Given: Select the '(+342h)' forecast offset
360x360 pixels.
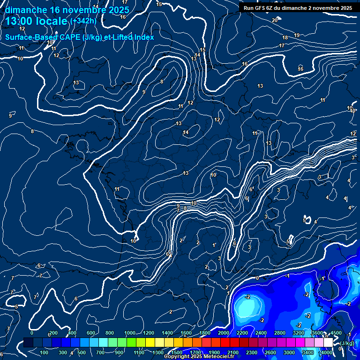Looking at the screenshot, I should pyautogui.click(x=83, y=21).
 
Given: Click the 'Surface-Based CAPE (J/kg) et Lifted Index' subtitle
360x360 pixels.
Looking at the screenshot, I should pyautogui.click(x=80, y=37).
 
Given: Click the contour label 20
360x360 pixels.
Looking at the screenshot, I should pyautogui.click(x=275, y=20).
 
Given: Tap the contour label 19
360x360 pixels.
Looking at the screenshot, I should pyautogui.click(x=297, y=35).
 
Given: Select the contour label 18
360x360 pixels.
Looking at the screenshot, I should pyautogui.click(x=285, y=37).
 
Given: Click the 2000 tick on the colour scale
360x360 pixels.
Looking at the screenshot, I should pyautogui.click(x=224, y=333).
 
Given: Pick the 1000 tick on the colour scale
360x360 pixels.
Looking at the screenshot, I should pyautogui.click(x=130, y=333).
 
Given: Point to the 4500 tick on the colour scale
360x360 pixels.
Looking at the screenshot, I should pyautogui.click(x=336, y=333).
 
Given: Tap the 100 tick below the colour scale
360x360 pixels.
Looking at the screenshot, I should pyautogui.click(x=44, y=352).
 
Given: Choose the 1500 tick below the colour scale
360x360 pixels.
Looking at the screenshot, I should pyautogui.click(x=177, y=352).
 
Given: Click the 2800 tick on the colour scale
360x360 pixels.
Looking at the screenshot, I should pyautogui.click(x=280, y=333).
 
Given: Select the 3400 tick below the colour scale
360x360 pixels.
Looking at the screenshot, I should pyautogui.click(x=308, y=352).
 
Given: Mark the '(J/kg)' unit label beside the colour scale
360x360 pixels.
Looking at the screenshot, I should pyautogui.click(x=347, y=343).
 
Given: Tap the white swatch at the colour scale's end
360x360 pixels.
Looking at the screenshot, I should pyautogui.click(x=328, y=343).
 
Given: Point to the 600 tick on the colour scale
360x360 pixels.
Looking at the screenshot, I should pyautogui.click(x=91, y=333).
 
